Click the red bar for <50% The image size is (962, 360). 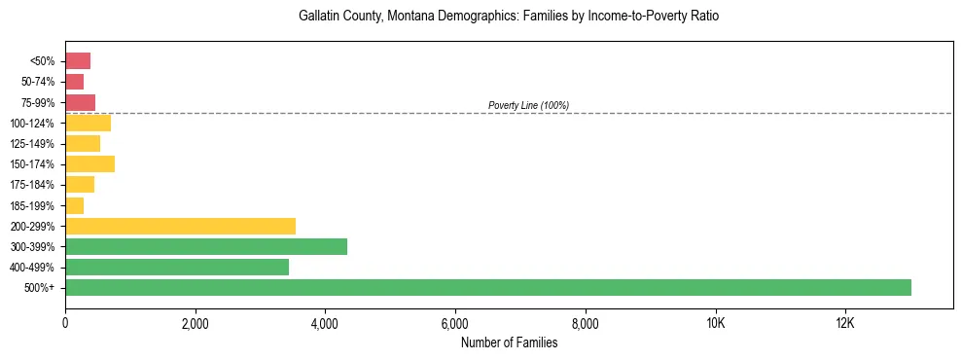click(x=78, y=61)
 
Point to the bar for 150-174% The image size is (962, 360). click(x=89, y=163)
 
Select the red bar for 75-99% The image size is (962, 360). click(x=80, y=102)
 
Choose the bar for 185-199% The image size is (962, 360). click(x=74, y=205)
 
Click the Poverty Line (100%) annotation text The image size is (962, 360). click(x=528, y=105)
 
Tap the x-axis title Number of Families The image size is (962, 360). click(x=509, y=342)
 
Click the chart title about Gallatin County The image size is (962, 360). click(x=509, y=17)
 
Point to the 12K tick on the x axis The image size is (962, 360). click(x=845, y=324)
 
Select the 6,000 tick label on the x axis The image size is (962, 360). click(x=455, y=324)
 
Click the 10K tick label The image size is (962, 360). click(x=715, y=324)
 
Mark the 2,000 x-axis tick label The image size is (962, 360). click(x=196, y=324)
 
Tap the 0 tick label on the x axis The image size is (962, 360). click(x=65, y=324)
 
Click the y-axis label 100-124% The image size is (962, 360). click(x=32, y=124)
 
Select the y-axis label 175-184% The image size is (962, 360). click(x=32, y=185)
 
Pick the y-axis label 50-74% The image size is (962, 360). click(x=37, y=82)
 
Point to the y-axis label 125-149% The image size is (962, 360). click(x=32, y=144)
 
